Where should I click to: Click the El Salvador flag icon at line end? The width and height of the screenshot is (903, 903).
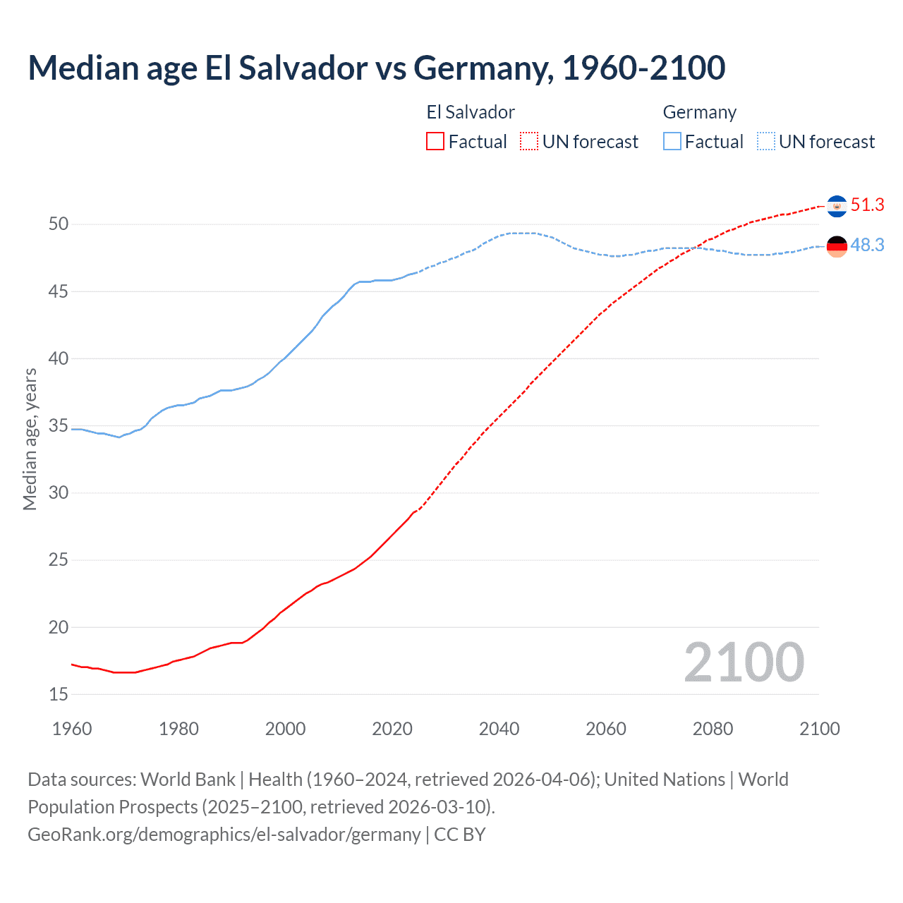tap(837, 206)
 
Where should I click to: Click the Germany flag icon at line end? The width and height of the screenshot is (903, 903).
tap(837, 246)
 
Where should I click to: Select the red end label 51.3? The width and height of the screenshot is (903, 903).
tap(867, 205)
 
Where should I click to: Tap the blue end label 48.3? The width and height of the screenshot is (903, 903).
tap(867, 246)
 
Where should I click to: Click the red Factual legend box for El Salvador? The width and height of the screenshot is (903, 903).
tap(435, 142)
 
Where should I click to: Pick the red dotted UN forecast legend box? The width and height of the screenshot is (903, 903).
tap(529, 142)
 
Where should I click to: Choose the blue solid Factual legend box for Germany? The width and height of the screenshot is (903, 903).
tap(672, 142)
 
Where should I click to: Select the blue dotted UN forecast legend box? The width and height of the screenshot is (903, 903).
tap(766, 142)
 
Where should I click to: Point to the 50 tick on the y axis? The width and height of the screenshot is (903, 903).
tap(59, 224)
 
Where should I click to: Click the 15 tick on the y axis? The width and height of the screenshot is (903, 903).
tap(59, 695)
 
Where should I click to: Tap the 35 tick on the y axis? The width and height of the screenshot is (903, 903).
tap(59, 426)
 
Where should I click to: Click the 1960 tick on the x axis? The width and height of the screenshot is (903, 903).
tap(72, 729)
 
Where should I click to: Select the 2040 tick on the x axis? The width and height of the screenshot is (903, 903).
tap(499, 729)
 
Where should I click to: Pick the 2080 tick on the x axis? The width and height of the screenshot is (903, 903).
tap(713, 729)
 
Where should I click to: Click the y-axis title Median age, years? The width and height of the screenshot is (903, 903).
tap(30, 439)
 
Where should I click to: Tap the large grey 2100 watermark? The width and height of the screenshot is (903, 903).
tap(744, 662)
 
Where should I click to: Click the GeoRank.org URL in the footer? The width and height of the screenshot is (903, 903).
tap(224, 835)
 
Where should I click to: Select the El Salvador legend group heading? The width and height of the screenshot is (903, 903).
tap(471, 113)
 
